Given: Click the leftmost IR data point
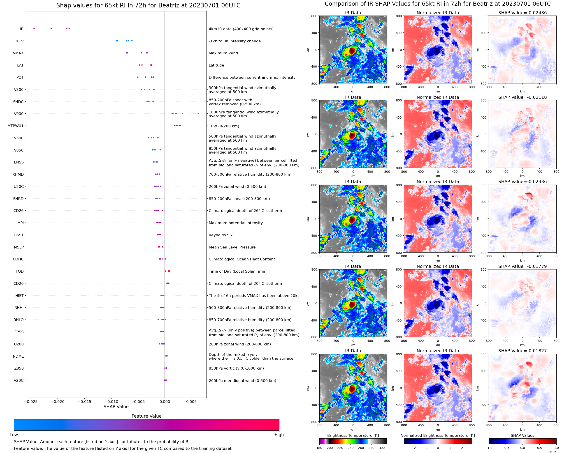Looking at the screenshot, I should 34,29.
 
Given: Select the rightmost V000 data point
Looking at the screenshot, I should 198,113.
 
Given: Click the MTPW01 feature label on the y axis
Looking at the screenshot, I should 15,126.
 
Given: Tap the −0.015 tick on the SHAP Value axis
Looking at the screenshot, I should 85,402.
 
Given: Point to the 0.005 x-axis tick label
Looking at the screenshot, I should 191,402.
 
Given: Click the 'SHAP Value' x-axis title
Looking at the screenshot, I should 116,407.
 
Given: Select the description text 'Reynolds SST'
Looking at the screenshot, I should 221,235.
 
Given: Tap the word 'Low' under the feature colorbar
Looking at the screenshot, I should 14,435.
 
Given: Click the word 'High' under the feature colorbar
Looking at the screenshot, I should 279,435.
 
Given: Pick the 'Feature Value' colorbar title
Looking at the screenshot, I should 146,416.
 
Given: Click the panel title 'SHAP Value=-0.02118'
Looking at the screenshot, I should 522,97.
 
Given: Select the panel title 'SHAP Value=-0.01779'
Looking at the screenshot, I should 522,266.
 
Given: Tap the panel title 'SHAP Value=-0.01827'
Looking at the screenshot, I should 522,351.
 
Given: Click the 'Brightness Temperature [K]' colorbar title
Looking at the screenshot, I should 353,435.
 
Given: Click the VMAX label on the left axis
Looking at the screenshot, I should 18,53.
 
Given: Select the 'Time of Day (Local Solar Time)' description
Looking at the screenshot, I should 237,271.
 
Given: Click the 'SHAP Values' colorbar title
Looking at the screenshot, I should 522,435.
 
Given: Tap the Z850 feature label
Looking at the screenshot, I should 19,368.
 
